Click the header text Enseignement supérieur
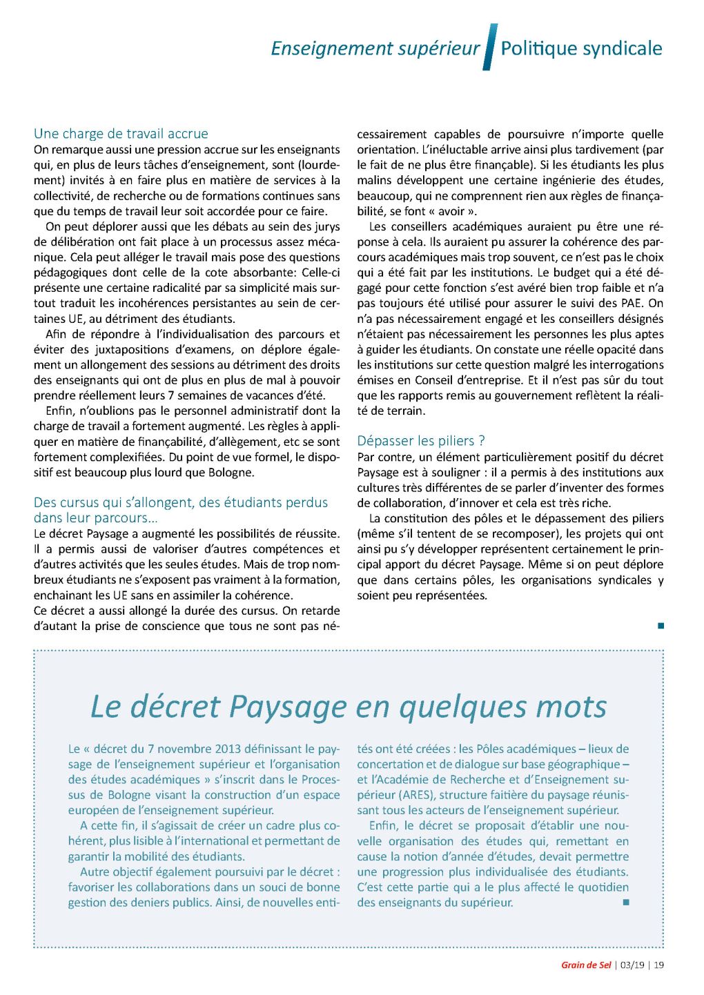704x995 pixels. coord(375,48)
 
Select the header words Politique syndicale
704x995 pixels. coord(581,48)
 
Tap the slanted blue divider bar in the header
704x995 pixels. coord(490,47)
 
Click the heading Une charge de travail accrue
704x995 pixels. coord(121,134)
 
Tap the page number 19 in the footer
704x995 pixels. coord(658,965)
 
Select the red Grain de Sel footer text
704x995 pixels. coord(586,965)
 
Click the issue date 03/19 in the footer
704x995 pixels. coord(632,965)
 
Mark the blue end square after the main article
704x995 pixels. coord(661,626)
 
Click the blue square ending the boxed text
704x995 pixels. coord(626,902)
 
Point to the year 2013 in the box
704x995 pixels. coord(228,749)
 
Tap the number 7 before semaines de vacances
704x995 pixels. coord(170,395)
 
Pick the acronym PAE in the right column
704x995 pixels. coord(633,303)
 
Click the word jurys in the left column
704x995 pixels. coord(326,226)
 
